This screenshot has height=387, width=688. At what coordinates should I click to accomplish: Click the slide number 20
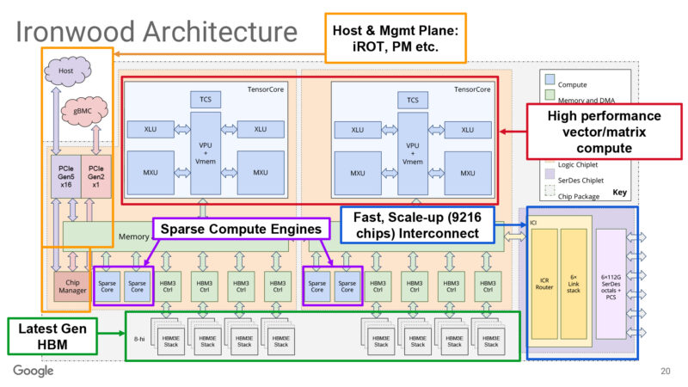click(x=665, y=372)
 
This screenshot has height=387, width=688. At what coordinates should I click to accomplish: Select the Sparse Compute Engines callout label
click(x=243, y=230)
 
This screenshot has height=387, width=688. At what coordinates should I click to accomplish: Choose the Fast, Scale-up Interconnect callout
click(x=421, y=226)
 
